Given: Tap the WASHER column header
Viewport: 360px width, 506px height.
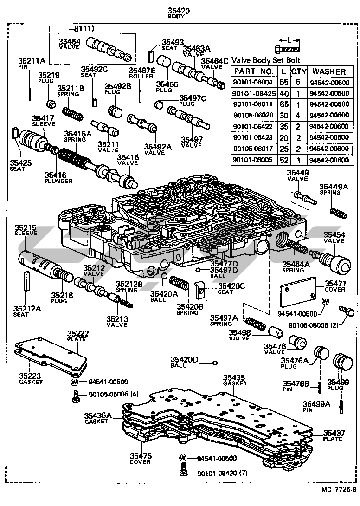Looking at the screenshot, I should click(x=329, y=71).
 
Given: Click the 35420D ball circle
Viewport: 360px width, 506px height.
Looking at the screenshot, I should click(x=215, y=363).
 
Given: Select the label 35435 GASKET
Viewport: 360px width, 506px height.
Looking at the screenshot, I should click(x=234, y=380).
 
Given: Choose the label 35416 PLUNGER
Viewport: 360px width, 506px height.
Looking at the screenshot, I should click(x=58, y=177).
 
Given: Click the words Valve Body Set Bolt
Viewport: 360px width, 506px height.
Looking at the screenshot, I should click(x=266, y=60).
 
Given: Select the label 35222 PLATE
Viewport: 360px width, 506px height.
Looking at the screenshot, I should click(x=77, y=336).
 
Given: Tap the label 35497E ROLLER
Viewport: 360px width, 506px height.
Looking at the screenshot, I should click(x=141, y=73).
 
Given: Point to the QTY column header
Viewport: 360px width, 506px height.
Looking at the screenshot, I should click(x=297, y=71).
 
